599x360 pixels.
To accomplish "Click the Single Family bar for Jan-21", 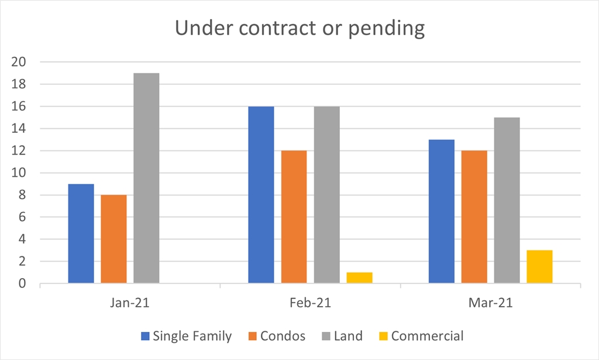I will pos(81,234).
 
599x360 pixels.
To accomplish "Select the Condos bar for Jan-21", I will pos(113,239).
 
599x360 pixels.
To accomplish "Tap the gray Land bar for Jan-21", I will pos(146,179).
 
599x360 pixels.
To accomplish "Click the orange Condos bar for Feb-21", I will pos(294,217).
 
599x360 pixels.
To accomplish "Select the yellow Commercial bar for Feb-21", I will pos(359,278).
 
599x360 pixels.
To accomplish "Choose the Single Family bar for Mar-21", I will pos(441,212).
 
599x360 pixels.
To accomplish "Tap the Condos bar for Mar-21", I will pos(474,217).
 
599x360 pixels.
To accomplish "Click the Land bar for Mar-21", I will pos(507,201).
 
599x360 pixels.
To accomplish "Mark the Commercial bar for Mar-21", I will pos(539,267).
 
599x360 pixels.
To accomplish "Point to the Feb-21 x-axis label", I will pos(310,304).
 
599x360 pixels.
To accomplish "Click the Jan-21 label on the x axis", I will pos(130,304).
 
